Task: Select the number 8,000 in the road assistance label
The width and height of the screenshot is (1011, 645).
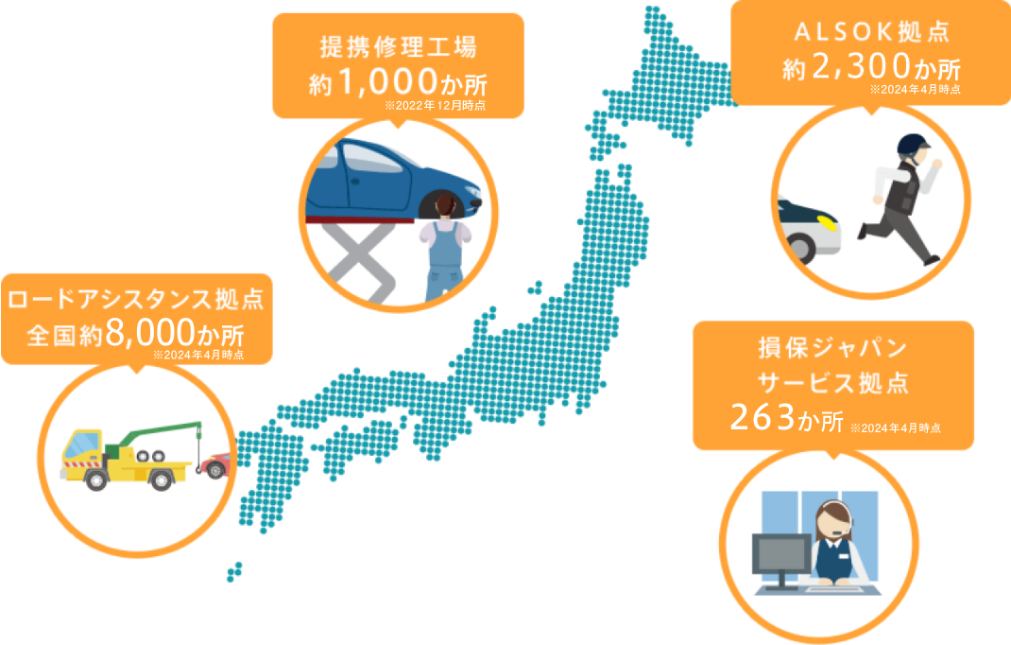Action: click(x=152, y=335)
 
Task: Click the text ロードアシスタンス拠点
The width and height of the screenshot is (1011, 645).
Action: click(x=135, y=301)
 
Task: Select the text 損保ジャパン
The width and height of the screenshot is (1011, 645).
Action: click(x=832, y=348)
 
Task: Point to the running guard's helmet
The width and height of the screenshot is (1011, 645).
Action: click(x=914, y=144)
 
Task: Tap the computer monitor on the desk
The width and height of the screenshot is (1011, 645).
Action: click(x=780, y=554)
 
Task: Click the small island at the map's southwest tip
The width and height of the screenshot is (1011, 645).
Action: click(x=233, y=571)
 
